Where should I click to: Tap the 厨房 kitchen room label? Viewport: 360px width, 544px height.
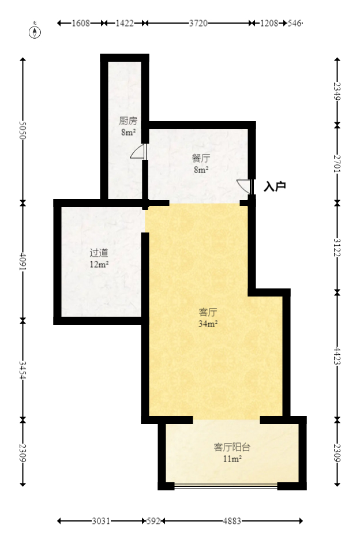[x=128, y=121]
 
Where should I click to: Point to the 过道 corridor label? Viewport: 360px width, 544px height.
[x=99, y=253]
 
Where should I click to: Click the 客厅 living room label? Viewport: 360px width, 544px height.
[x=208, y=312]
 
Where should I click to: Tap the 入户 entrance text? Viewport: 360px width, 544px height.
[x=275, y=186]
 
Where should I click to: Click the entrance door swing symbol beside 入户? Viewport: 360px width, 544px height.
[x=245, y=186]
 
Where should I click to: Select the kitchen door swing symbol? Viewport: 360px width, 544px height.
[x=138, y=152]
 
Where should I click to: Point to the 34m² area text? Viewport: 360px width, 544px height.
[x=208, y=324]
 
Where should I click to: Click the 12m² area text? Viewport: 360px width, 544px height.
[x=99, y=264]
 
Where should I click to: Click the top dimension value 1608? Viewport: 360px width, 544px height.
[x=81, y=23]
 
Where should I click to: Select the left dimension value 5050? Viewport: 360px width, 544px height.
[x=23, y=131]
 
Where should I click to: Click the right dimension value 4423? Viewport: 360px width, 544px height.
[x=337, y=354]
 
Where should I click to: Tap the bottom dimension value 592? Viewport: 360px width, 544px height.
[x=153, y=522]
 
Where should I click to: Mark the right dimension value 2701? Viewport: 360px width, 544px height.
[x=337, y=164]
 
